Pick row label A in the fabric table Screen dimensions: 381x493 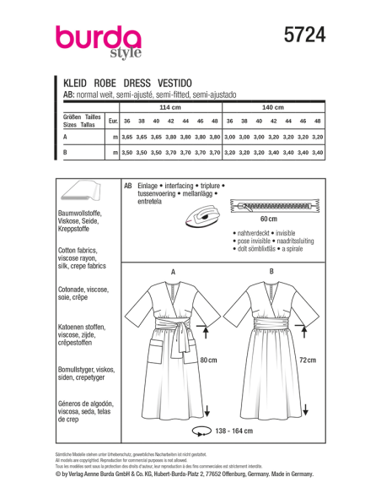coord(66,137)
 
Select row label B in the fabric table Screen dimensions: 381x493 coord(66,153)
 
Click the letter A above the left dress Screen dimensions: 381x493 coord(174,271)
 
